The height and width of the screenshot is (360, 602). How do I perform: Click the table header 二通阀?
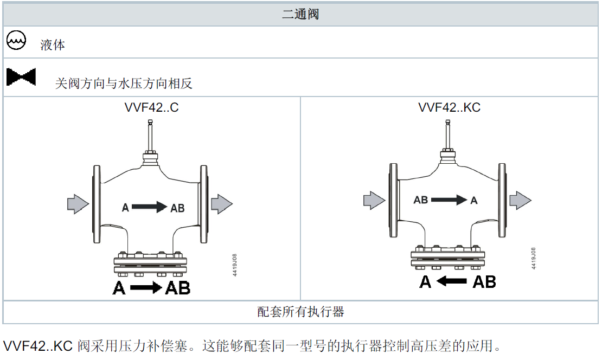point(300,14)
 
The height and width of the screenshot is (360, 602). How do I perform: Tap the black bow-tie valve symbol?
point(21,77)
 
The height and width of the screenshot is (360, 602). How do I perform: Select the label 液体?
point(53,45)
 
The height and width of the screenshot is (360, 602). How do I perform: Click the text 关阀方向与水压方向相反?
point(124,83)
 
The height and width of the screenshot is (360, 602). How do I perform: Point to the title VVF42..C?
point(151,107)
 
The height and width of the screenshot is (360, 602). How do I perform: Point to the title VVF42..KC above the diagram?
point(449,107)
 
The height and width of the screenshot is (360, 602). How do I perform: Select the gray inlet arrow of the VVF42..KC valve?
point(374,200)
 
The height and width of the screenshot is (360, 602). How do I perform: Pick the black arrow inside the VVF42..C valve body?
point(149,207)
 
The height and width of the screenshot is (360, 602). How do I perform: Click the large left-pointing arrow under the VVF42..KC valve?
point(452,281)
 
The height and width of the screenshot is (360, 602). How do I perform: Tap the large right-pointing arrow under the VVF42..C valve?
point(145,288)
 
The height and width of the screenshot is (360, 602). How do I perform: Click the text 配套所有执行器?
point(300,312)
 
